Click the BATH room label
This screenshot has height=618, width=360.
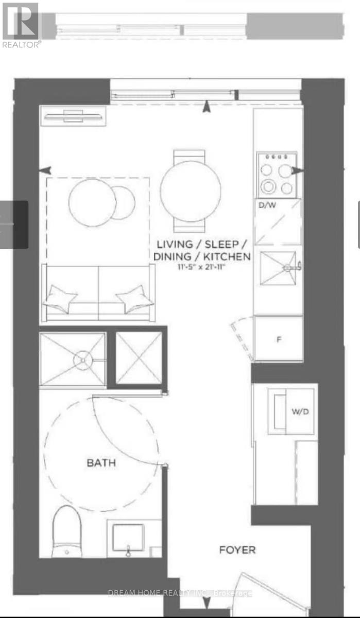click(101, 462)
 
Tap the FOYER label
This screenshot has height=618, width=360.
click(237, 550)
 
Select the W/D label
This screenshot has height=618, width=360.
click(300, 411)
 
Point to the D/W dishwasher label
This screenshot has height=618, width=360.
click(267, 205)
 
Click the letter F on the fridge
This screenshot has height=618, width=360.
click(279, 339)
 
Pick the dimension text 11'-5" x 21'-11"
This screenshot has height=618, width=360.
click(202, 267)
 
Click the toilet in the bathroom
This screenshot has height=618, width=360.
click(67, 531)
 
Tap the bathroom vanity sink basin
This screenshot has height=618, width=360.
click(129, 538)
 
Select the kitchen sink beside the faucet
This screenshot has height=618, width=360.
click(278, 268)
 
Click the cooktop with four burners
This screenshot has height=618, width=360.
click(277, 175)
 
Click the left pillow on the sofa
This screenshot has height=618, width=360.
click(60, 299)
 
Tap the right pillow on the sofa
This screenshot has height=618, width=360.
click(135, 299)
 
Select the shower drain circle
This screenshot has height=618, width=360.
click(83, 360)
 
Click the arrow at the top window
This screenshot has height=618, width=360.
click(207, 107)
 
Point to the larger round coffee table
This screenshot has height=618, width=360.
click(92, 202)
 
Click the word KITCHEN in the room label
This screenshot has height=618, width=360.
click(227, 256)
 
